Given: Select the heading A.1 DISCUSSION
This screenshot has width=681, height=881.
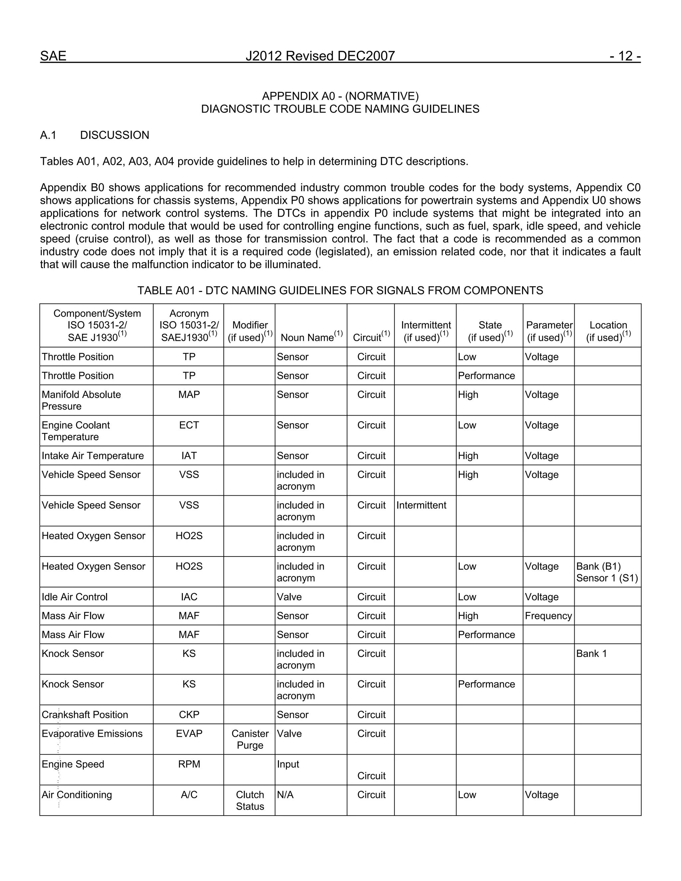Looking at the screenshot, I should point(94,135).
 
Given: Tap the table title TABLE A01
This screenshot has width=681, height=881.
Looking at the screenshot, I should point(340,291).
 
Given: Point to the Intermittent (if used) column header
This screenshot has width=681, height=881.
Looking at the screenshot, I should point(426,331).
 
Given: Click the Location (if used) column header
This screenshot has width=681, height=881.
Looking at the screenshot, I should point(608,331).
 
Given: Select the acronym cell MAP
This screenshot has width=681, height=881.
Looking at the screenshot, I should point(189,395).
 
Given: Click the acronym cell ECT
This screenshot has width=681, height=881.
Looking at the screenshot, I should point(189,425).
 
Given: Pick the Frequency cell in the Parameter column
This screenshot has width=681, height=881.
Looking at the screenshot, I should point(548,616).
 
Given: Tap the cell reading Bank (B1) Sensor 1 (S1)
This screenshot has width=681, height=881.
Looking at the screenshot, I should point(607,572).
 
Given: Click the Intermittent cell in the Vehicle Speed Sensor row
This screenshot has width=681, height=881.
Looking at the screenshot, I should point(421,505).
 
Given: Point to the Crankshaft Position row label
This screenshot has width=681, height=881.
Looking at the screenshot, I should point(85,714).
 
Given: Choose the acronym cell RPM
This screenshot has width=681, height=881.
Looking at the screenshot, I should point(189,764).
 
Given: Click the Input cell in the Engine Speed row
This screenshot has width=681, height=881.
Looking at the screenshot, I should point(288,764).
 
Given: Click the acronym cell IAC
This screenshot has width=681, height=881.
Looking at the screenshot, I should point(189,597).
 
